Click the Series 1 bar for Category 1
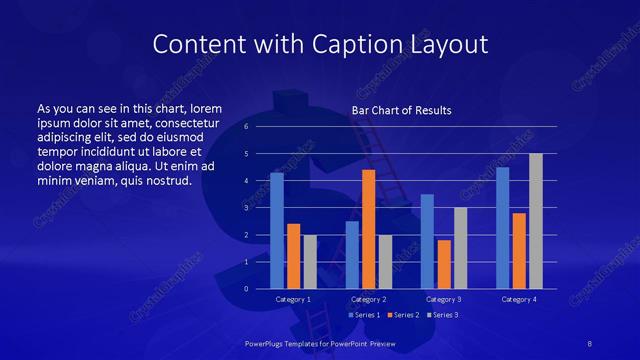pyautogui.click(x=277, y=230)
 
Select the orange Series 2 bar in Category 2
pyautogui.click(x=368, y=229)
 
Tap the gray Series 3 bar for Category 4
pyautogui.click(x=536, y=221)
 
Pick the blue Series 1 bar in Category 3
pyautogui.click(x=427, y=241)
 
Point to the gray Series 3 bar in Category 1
pyautogui.click(x=310, y=261)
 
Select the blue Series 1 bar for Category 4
pyautogui.click(x=502, y=228)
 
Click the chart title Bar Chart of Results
pyautogui.click(x=401, y=110)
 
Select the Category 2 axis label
pyautogui.click(x=368, y=299)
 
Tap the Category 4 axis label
pyautogui.click(x=518, y=299)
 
